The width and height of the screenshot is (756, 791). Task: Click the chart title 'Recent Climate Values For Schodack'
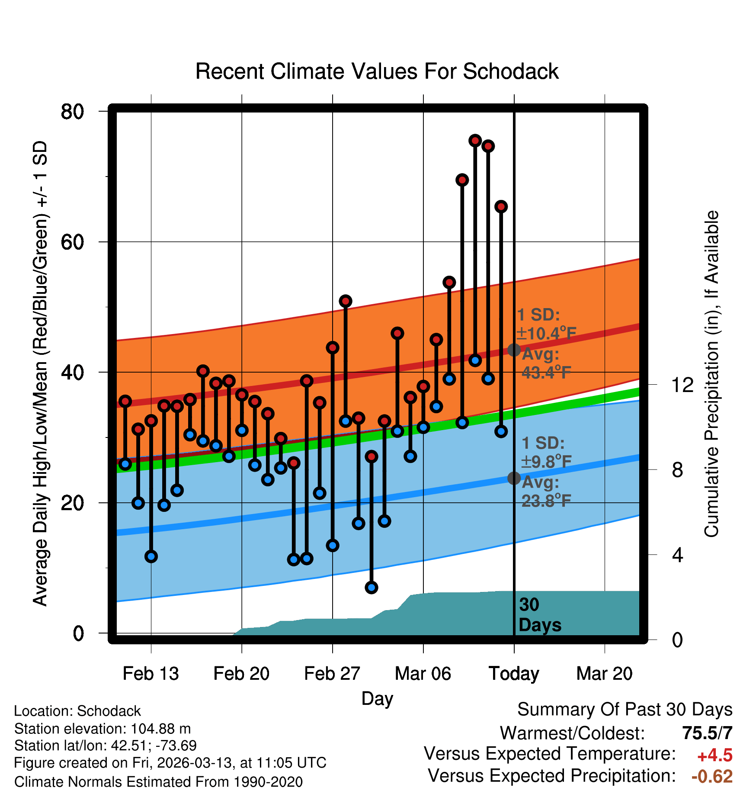(x=377, y=71)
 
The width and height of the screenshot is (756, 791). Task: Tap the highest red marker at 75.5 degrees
(x=475, y=141)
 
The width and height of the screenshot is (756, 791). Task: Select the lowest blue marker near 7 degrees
(x=372, y=587)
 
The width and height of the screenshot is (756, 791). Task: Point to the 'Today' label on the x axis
(x=514, y=674)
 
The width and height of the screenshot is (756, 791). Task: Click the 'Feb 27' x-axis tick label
(x=332, y=674)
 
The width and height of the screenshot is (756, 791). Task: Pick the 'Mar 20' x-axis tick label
(x=604, y=674)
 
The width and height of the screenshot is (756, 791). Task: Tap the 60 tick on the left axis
(x=72, y=242)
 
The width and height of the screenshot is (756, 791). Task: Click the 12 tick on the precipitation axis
(x=682, y=385)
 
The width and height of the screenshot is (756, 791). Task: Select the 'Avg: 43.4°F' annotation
(x=546, y=363)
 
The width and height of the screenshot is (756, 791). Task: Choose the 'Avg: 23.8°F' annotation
(x=546, y=492)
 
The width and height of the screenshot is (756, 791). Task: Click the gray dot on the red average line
(x=514, y=350)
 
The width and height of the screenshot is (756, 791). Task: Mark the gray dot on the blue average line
(x=514, y=478)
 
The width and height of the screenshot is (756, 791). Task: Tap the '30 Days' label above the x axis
(x=539, y=615)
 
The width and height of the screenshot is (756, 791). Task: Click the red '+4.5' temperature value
(x=714, y=756)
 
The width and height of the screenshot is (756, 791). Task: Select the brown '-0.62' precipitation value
(x=712, y=776)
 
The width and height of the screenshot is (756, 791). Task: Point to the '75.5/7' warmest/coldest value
(x=707, y=733)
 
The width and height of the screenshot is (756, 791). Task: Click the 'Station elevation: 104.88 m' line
(x=103, y=729)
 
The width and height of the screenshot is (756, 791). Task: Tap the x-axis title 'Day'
(x=377, y=698)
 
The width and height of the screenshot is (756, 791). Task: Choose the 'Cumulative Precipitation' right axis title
(x=711, y=374)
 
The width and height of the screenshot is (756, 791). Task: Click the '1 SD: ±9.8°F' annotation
(x=546, y=453)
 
